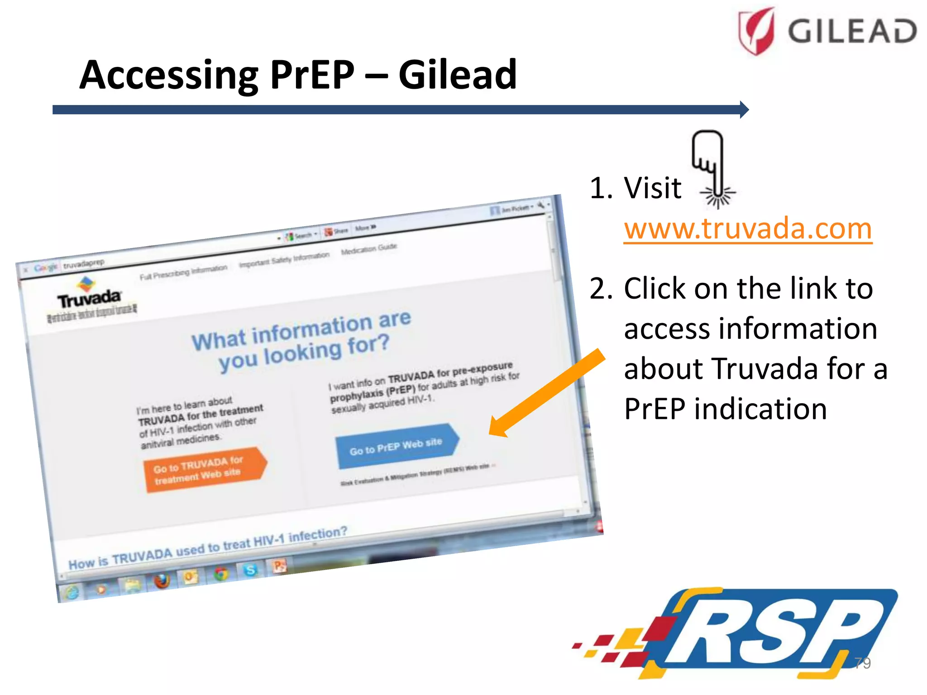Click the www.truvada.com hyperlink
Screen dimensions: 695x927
[748, 229]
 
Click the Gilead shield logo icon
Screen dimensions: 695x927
[756, 31]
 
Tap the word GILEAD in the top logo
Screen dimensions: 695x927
[852, 32]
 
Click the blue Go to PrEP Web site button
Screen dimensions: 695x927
[396, 446]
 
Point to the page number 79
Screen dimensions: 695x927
[862, 663]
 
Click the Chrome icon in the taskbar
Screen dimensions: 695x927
[221, 574]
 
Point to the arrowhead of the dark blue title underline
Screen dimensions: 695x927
[744, 109]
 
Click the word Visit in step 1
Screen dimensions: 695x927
[652, 188]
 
